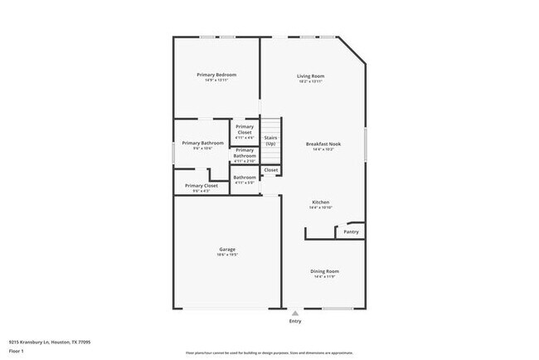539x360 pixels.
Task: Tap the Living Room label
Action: (x=311, y=76)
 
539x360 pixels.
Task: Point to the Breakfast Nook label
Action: (x=323, y=144)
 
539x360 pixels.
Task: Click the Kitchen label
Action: (x=321, y=202)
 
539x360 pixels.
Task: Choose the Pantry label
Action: (x=351, y=232)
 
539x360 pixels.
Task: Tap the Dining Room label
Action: (x=325, y=271)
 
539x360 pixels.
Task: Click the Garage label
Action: (x=227, y=249)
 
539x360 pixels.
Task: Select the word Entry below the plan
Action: (x=295, y=320)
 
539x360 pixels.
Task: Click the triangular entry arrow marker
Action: (x=295, y=313)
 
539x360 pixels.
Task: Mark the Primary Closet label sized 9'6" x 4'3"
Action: (x=201, y=186)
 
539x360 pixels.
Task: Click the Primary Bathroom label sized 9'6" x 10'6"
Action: (x=203, y=144)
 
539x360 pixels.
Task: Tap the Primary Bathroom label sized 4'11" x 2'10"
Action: (x=245, y=153)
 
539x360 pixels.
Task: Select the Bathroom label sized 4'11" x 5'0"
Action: (x=245, y=177)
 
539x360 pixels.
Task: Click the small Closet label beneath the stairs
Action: (x=271, y=170)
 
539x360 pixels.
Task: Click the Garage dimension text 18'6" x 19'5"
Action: (x=227, y=255)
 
